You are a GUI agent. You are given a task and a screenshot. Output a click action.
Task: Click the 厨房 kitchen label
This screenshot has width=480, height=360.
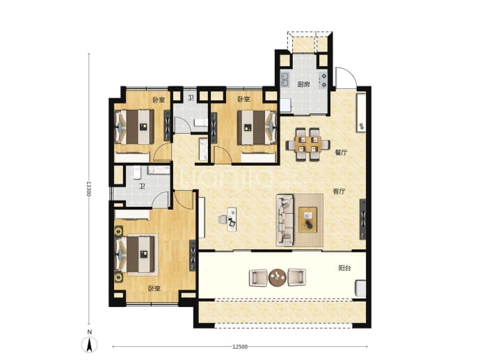click(303, 84)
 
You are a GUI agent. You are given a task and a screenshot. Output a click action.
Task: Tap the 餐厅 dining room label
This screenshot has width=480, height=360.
click(341, 152)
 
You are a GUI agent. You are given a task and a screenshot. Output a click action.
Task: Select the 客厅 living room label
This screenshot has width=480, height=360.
click(339, 191)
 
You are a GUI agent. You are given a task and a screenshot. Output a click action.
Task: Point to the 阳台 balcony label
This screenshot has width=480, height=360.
click(344, 268)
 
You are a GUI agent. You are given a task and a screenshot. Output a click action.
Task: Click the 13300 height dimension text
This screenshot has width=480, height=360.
click(88, 189)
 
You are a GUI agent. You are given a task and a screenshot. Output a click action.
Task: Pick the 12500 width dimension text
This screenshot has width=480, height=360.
click(240, 347)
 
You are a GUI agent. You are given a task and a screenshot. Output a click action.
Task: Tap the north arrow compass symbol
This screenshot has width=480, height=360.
click(89, 345)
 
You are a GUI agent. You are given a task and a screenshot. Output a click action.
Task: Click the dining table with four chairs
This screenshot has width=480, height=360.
click(307, 144)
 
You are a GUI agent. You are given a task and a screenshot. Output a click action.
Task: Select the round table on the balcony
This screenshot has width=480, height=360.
click(278, 278)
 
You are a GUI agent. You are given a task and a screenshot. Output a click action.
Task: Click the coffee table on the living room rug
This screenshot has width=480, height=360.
click(307, 220)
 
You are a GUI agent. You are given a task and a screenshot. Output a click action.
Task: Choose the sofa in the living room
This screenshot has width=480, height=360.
click(285, 219)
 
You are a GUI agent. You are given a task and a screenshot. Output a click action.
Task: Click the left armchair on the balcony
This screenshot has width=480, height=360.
click(258, 278)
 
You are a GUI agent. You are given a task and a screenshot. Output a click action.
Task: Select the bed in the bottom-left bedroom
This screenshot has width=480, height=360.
click(136, 255)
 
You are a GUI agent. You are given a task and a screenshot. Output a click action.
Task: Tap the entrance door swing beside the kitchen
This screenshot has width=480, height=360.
click(346, 78)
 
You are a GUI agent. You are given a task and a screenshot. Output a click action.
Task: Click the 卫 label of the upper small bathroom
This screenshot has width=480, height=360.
click(191, 98)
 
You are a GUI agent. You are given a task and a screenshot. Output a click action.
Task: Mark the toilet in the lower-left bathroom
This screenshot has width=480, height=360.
click(136, 172)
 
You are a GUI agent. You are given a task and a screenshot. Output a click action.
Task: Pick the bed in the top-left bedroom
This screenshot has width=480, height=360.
click(134, 127)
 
